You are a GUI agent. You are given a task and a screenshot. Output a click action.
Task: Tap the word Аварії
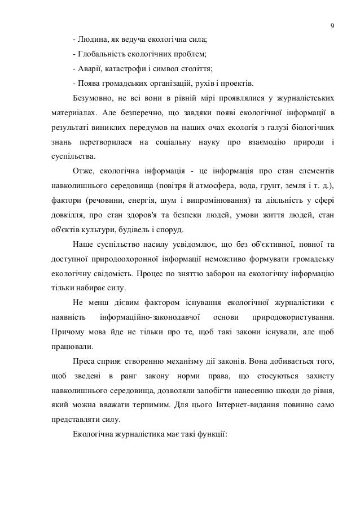pyautogui.click(x=90, y=69)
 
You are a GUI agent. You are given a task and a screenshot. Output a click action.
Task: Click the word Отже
pyautogui.click(x=84, y=169)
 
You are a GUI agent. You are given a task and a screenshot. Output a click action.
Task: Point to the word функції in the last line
pyautogui.click(x=209, y=435)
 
